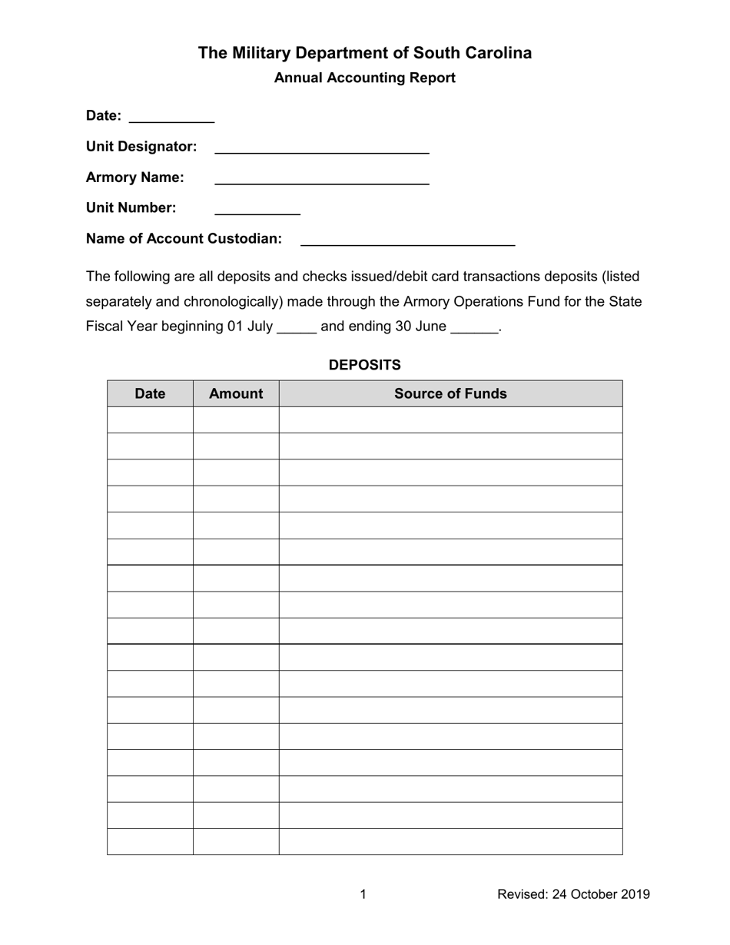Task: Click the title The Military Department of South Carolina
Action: pyautogui.click(x=364, y=53)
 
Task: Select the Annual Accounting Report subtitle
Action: pyautogui.click(x=364, y=78)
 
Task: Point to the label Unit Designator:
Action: pyautogui.click(x=141, y=146)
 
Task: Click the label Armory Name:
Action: pyautogui.click(x=135, y=177)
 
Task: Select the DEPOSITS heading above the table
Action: pyautogui.click(x=364, y=365)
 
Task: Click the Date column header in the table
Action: pyautogui.click(x=150, y=393)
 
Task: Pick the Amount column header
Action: pyautogui.click(x=236, y=393)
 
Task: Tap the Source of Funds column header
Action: pyautogui.click(x=450, y=393)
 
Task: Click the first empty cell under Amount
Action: pyautogui.click(x=236, y=419)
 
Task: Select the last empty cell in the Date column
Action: pyautogui.click(x=150, y=841)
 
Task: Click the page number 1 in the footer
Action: pyautogui.click(x=363, y=894)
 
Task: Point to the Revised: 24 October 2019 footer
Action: pyautogui.click(x=573, y=894)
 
